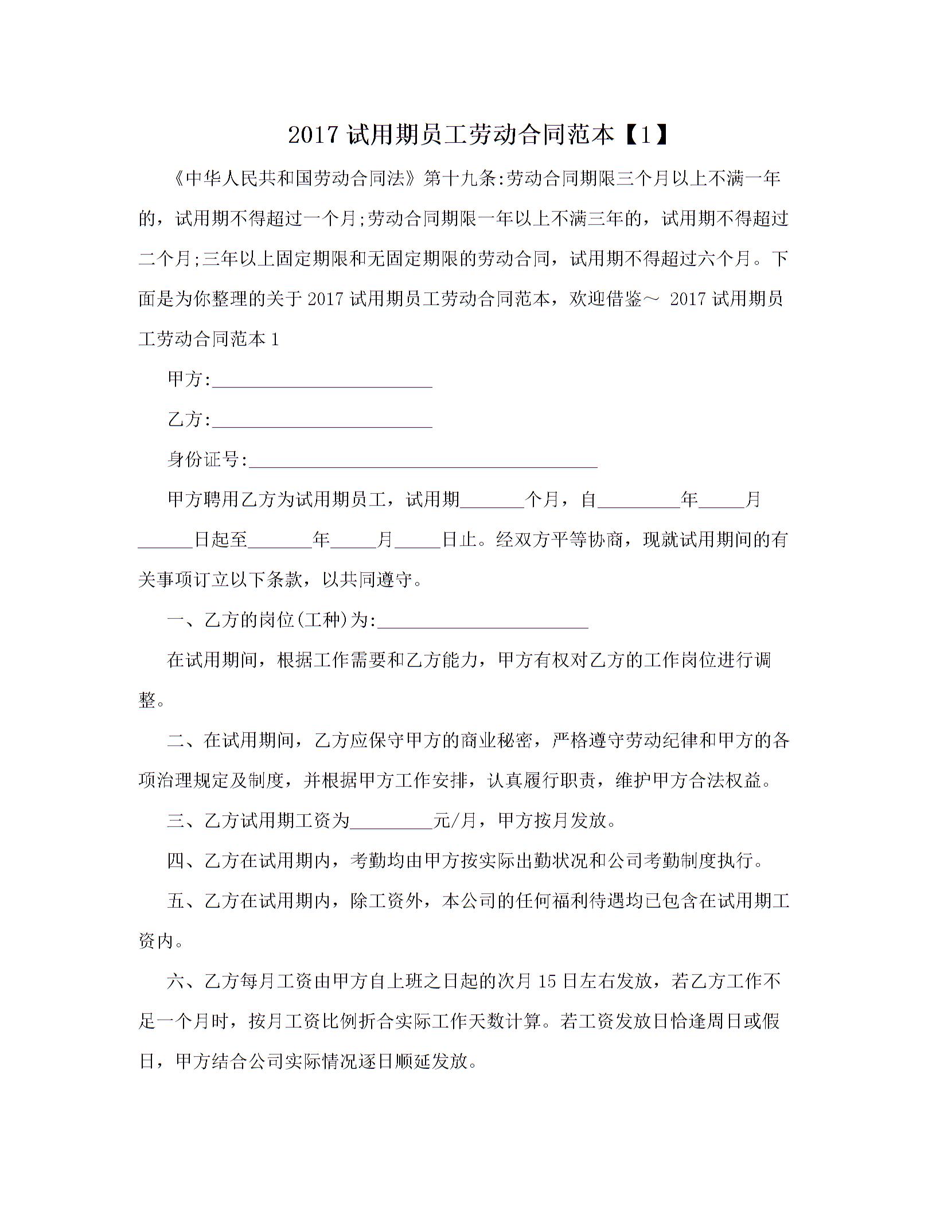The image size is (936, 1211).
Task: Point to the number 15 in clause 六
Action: click(x=548, y=981)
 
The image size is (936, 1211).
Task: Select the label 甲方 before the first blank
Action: click(x=185, y=379)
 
